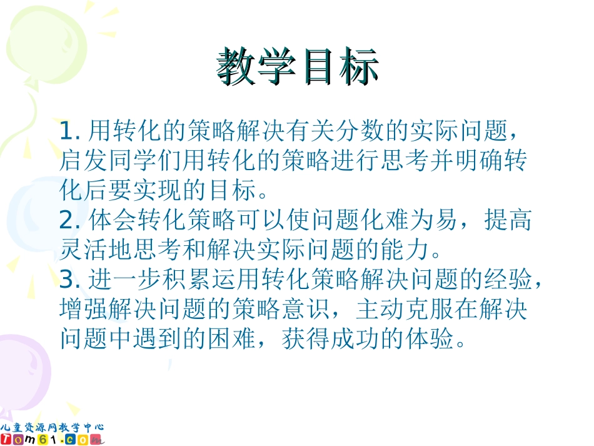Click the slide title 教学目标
[298, 66]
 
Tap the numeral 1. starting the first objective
[69, 131]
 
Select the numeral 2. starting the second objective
[69, 221]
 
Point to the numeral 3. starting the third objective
[69, 280]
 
